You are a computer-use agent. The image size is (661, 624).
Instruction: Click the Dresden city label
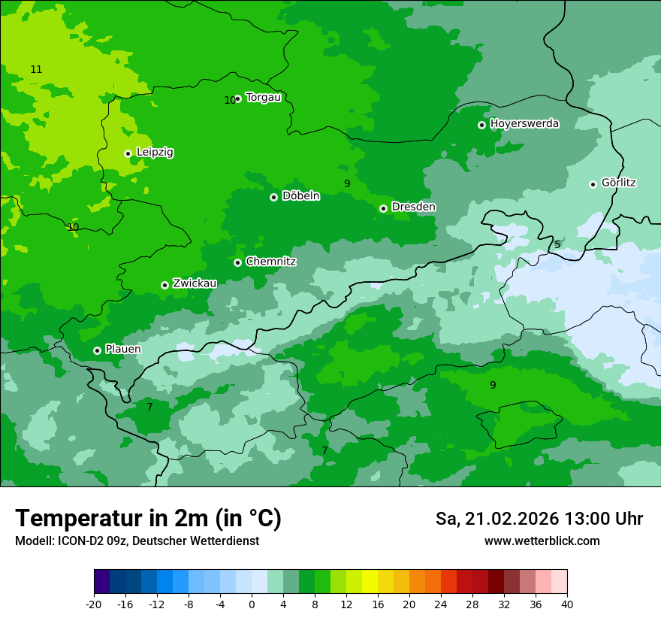(413, 207)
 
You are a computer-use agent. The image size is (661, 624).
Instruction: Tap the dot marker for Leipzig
(128, 153)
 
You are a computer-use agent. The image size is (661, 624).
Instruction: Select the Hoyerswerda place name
(524, 123)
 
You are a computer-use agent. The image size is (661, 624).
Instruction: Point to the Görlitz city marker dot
(593, 184)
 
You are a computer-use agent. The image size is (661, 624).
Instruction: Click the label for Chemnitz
(270, 262)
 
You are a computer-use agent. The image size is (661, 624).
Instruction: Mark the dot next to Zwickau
(164, 285)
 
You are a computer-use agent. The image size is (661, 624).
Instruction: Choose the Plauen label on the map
(123, 349)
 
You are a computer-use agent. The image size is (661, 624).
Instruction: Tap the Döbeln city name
(300, 196)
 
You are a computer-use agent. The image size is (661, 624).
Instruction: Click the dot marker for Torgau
(238, 98)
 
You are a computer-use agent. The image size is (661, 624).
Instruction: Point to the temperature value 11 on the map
(36, 69)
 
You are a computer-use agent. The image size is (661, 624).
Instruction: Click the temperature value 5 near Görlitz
(557, 245)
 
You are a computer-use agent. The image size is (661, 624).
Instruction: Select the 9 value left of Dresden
(347, 183)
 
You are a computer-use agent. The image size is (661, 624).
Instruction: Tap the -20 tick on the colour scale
(94, 604)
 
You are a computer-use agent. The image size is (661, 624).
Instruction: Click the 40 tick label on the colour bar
(567, 604)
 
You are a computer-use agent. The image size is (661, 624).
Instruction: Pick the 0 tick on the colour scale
(252, 604)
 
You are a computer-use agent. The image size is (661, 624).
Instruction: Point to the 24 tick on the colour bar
(441, 604)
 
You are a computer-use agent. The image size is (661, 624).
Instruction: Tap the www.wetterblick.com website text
(542, 541)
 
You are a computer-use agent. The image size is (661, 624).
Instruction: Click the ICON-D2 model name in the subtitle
(77, 541)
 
